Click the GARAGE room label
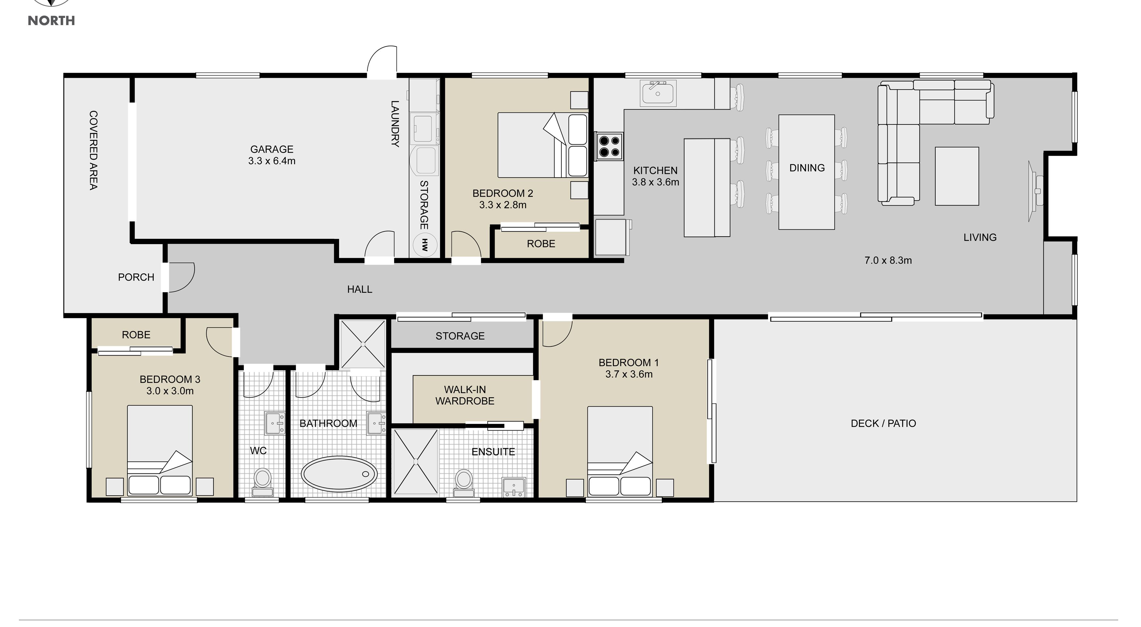(x=272, y=149)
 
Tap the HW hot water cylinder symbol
(x=425, y=244)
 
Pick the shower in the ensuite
(x=415, y=461)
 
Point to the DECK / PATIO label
(x=883, y=423)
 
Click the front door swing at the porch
(x=182, y=278)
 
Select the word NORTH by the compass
(x=52, y=21)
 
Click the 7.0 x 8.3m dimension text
(x=888, y=260)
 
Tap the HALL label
(x=360, y=289)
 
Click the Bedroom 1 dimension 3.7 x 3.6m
(x=629, y=374)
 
